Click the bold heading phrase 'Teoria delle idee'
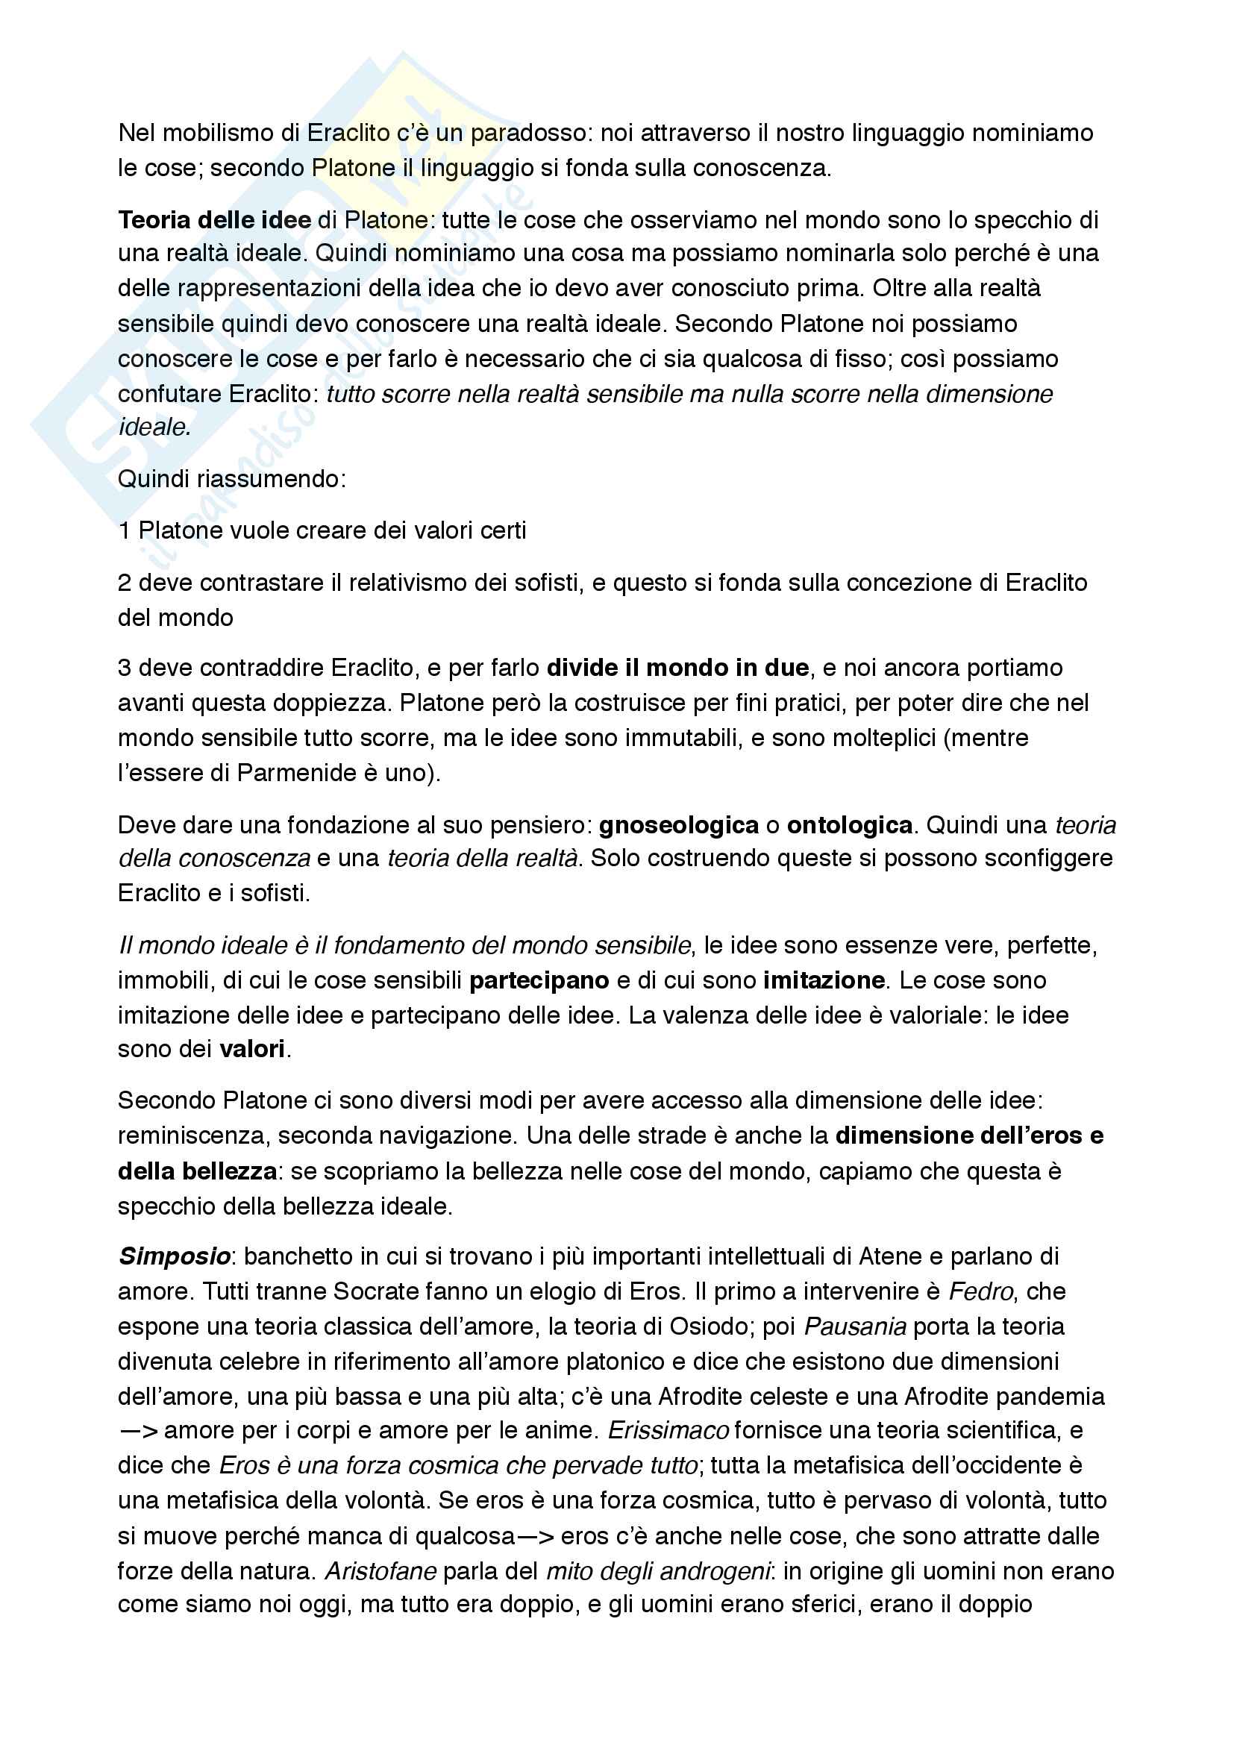pyautogui.click(x=214, y=219)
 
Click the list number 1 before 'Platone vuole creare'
pyautogui.click(x=124, y=530)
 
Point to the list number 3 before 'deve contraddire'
pyautogui.click(x=125, y=667)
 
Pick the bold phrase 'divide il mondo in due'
pyautogui.click(x=677, y=667)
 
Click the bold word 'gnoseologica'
pyautogui.click(x=678, y=824)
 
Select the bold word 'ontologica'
pyautogui.click(x=850, y=824)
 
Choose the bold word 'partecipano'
pyautogui.click(x=539, y=980)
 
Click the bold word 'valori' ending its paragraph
pyautogui.click(x=252, y=1049)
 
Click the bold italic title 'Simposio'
pyautogui.click(x=175, y=1256)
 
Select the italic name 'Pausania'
pyautogui.click(x=855, y=1326)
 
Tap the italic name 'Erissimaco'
pyautogui.click(x=668, y=1430)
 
